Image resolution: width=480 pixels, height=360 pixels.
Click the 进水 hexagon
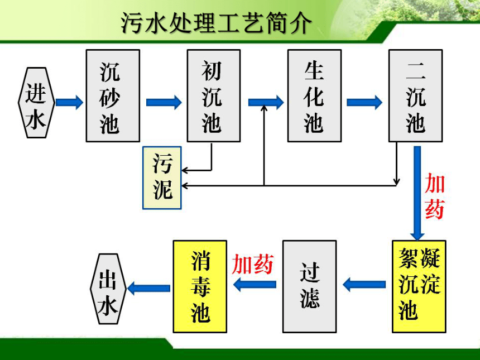coord(36,103)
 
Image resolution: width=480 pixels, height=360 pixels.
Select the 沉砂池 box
coord(113,95)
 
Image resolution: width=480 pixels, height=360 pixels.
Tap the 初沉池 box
coord(214,95)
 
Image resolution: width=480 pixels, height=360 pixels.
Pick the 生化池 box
coord(314,95)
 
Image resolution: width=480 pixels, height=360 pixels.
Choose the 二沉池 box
coord(415,95)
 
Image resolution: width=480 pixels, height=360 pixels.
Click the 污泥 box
coord(162,178)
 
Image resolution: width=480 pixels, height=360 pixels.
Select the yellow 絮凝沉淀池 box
coord(419,286)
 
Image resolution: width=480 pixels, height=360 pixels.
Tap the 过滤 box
coord(310,286)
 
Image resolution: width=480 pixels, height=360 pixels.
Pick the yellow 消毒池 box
coord(200,286)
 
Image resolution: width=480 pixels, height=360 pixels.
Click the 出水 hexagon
coord(108,289)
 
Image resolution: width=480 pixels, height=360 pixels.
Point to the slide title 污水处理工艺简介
coord(216,23)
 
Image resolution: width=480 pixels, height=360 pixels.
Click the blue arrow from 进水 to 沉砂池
coord(70,102)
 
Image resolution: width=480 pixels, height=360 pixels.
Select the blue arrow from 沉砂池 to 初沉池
coord(164,102)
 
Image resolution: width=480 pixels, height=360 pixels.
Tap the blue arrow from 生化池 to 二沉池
coord(364,102)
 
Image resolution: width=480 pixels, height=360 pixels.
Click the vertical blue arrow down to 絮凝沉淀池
coord(417,193)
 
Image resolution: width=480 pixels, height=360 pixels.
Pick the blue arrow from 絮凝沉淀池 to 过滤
coord(364,285)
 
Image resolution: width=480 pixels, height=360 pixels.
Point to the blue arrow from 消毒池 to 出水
coord(149,288)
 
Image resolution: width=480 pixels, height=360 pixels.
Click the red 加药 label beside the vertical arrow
coord(434,196)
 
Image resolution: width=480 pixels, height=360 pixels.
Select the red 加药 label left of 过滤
coord(252,264)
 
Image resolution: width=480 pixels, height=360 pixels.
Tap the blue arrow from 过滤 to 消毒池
coord(255,285)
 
